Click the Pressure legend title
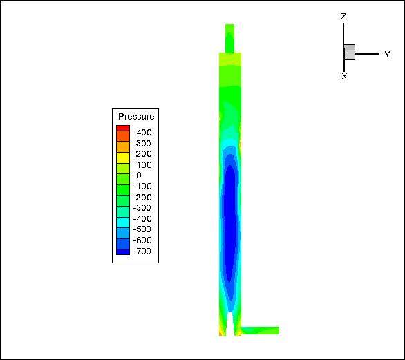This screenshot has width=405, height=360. click(x=136, y=117)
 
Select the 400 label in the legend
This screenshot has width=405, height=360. click(x=144, y=133)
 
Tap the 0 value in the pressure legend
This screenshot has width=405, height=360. click(x=139, y=176)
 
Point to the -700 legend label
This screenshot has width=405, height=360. click(x=142, y=251)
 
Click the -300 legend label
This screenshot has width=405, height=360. click(x=142, y=207)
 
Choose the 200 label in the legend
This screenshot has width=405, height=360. click(x=144, y=154)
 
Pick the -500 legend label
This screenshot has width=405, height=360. click(x=142, y=229)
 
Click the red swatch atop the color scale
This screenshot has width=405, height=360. click(x=123, y=128)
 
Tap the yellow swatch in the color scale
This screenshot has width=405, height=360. click(x=123, y=158)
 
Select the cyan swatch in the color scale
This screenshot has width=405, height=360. click(x=123, y=222)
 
